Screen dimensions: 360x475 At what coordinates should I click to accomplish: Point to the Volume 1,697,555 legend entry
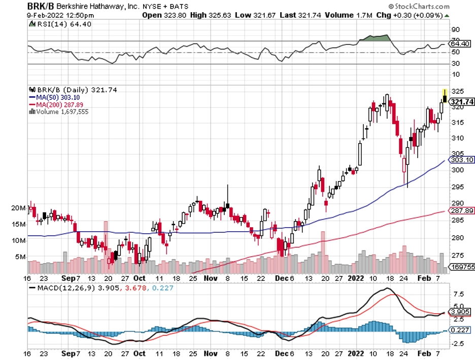coord(60,112)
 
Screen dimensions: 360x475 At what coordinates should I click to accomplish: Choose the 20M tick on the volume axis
coord(19,208)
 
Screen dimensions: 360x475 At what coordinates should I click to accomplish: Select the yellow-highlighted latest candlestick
coord(445,95)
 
